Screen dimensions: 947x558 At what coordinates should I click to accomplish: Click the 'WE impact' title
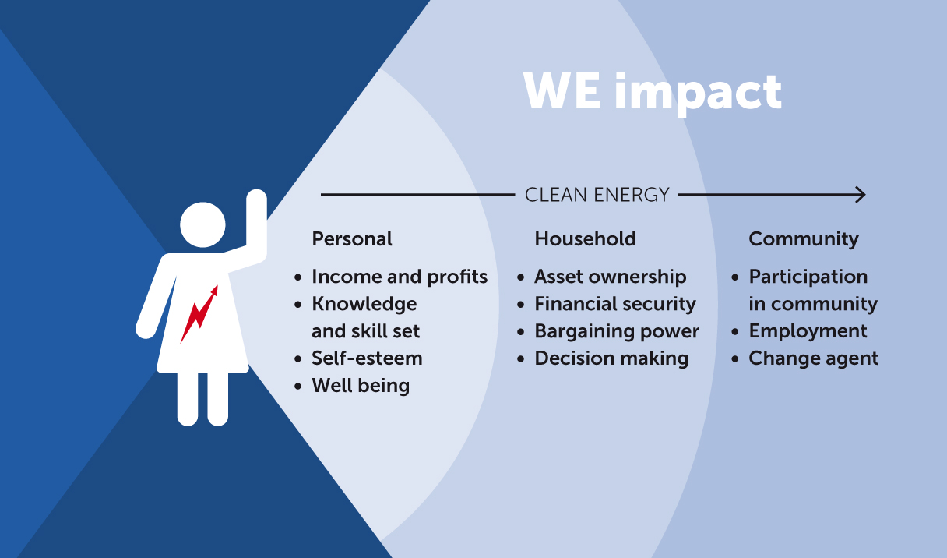[653, 93]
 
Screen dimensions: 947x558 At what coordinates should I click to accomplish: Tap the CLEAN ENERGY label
[597, 195]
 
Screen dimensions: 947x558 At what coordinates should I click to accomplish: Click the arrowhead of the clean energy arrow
[861, 195]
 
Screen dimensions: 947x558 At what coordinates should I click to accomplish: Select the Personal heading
[352, 239]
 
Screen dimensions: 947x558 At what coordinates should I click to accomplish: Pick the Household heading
[585, 239]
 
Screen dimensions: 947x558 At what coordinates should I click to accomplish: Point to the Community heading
[804, 239]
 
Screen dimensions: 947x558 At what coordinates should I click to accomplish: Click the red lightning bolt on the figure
[199, 314]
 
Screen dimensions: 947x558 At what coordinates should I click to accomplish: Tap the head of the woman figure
[202, 224]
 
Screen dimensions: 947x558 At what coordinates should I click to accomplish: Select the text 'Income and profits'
[400, 277]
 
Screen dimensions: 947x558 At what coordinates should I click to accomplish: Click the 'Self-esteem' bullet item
[367, 358]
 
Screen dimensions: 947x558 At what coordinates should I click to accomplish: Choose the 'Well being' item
[361, 386]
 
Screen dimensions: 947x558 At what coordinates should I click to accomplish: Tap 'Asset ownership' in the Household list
[611, 277]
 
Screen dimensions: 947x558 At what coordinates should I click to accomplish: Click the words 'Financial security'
[615, 304]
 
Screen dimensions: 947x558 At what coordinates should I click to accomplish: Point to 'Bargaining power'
[617, 331]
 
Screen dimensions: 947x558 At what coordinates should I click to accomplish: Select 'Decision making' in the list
[612, 358]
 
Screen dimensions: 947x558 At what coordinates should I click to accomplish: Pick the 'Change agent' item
[813, 358]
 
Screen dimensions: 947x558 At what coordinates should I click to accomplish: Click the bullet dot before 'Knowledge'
[298, 305]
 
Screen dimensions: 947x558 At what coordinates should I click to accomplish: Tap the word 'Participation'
[808, 277]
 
